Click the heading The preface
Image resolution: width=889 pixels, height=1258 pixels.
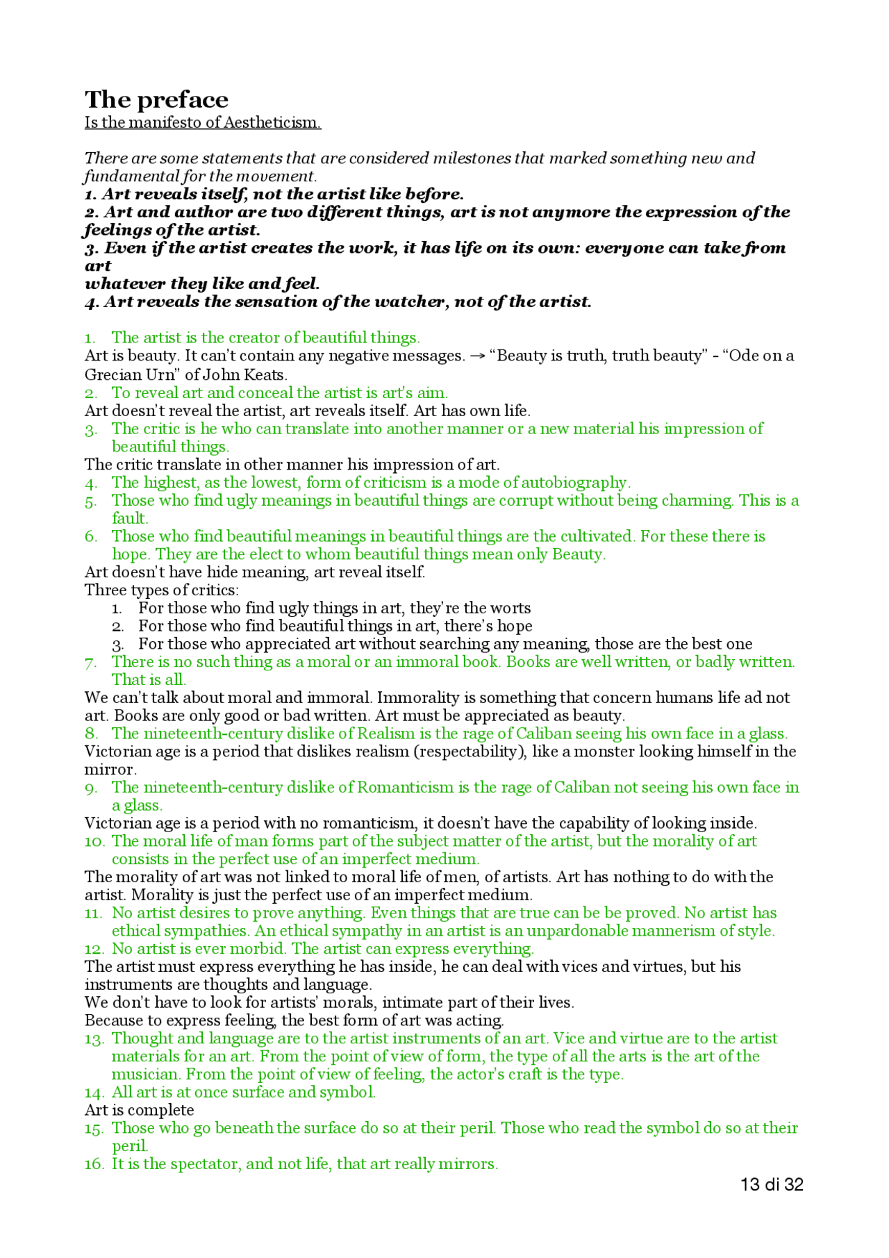click(156, 100)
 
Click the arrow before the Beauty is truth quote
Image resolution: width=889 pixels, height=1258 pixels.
click(477, 356)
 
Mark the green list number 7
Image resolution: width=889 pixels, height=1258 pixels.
click(91, 663)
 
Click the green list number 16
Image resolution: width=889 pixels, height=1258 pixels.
click(94, 1164)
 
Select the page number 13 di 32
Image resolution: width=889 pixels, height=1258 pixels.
click(772, 1185)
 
